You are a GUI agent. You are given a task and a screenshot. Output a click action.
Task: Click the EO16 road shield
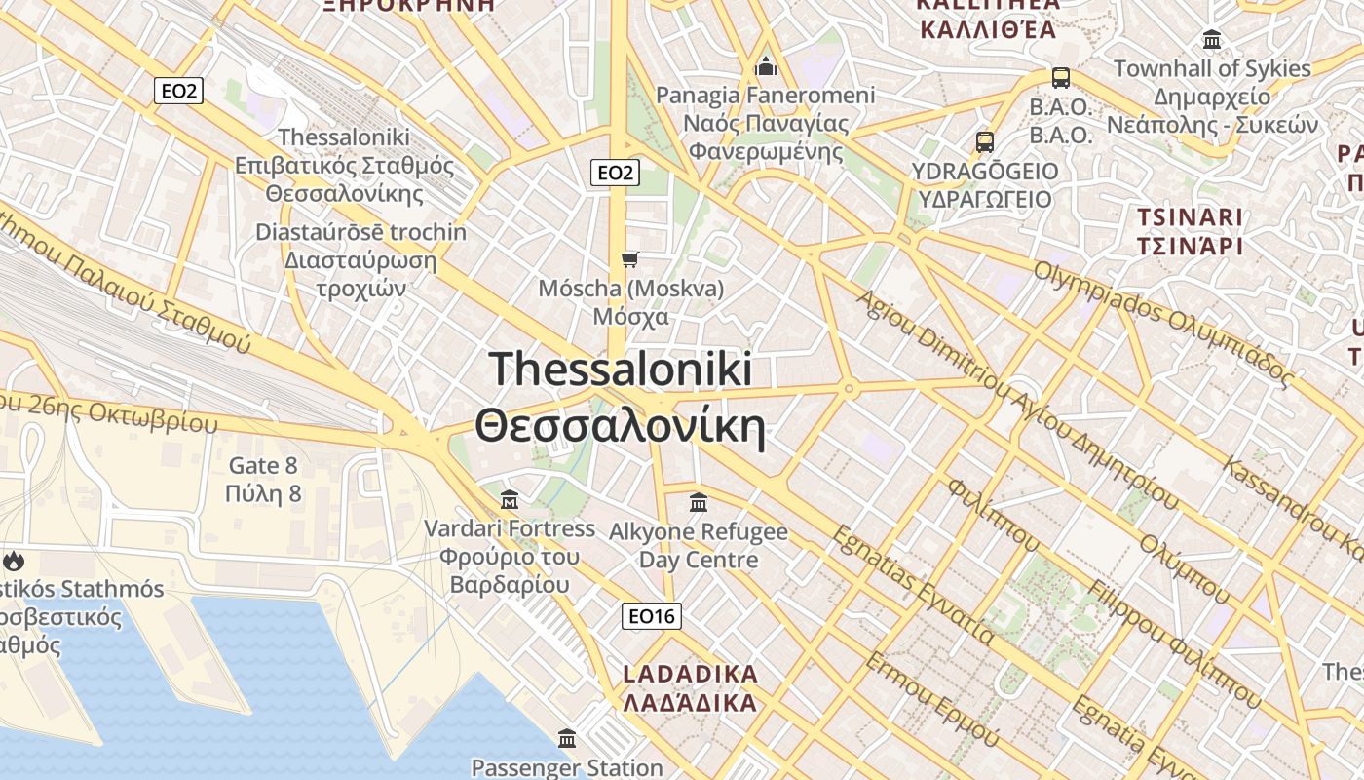652,616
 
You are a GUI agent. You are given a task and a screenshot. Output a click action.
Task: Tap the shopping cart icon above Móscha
630,259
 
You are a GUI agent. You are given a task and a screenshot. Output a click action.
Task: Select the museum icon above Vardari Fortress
509,501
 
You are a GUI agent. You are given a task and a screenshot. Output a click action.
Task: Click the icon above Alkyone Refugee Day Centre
699,503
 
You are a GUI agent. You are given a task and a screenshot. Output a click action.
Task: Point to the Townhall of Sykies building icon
1212,40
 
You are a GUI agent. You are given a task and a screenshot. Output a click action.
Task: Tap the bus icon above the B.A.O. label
1060,78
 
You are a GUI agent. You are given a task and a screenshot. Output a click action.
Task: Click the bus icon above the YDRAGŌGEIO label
985,141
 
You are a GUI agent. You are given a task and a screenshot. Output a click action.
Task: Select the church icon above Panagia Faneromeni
766,66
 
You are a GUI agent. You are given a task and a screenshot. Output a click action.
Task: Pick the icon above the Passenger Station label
566,738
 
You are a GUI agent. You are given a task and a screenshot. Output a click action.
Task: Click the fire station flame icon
14,561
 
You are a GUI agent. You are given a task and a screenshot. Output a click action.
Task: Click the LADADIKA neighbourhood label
690,688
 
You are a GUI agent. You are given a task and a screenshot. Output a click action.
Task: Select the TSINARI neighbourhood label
1190,231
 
